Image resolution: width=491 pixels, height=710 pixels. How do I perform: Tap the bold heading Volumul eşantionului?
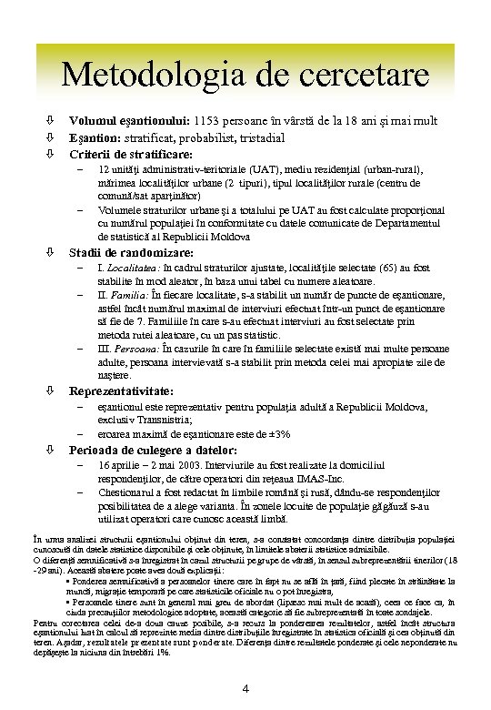point(130,121)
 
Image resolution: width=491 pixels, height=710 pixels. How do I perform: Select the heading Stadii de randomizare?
point(131,252)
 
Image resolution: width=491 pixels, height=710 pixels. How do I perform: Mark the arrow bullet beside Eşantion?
point(51,137)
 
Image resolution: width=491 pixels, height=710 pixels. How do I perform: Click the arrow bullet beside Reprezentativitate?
point(51,391)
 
